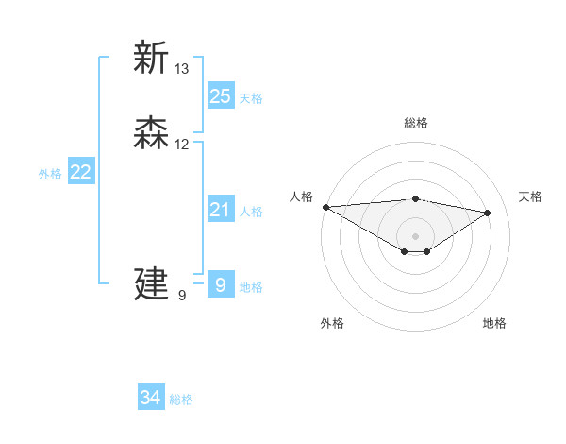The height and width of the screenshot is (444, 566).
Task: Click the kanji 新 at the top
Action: pos(151,59)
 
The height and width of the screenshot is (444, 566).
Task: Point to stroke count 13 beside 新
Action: pos(182,69)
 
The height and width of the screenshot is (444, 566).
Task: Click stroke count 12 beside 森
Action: pos(182,145)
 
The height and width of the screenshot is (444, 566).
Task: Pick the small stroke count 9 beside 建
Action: pos(182,295)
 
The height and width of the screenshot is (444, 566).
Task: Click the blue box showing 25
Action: pos(220,96)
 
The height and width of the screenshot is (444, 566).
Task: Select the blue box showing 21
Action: pos(220,210)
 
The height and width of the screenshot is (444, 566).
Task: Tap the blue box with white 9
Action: pos(220,284)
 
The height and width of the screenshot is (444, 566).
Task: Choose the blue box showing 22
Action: pos(81,172)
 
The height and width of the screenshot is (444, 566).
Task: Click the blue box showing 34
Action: pos(151,399)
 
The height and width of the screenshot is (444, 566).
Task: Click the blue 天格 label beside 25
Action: pos(251,98)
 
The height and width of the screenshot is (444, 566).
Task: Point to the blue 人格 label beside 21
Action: pos(251,212)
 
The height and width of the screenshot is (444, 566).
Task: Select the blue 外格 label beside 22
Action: pos(50,174)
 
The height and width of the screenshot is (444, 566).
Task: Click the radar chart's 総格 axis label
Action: pos(416,123)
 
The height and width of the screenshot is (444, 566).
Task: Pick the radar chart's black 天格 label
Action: pos(530,196)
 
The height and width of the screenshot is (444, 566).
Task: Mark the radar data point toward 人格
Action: pos(325,207)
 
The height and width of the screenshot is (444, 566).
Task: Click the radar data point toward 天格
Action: pos(488,213)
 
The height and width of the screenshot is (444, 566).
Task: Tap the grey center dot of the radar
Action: pos(416,235)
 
